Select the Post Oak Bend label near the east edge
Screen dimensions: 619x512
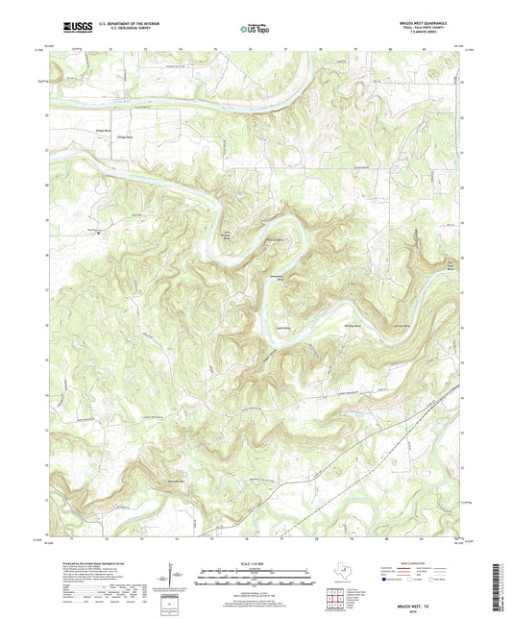(445, 268)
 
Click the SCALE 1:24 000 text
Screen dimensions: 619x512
(256, 562)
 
